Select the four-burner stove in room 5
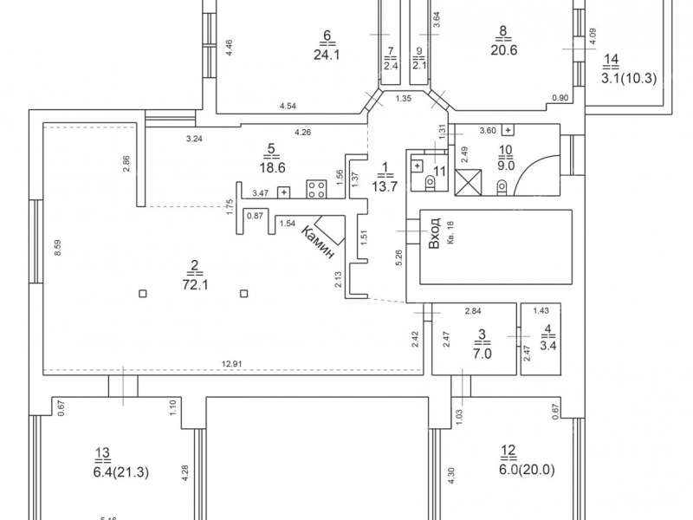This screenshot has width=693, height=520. (315, 189)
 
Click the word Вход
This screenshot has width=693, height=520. (435, 234)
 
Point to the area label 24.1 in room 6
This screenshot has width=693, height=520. (327, 52)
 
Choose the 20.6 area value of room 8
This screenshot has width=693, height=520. (503, 50)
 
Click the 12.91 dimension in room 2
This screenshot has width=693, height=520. (230, 362)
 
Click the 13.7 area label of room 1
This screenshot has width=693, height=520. (382, 184)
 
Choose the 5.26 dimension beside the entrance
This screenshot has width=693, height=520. (399, 258)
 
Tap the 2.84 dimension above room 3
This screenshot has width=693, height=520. (472, 309)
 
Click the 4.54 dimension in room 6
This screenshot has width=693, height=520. (288, 107)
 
